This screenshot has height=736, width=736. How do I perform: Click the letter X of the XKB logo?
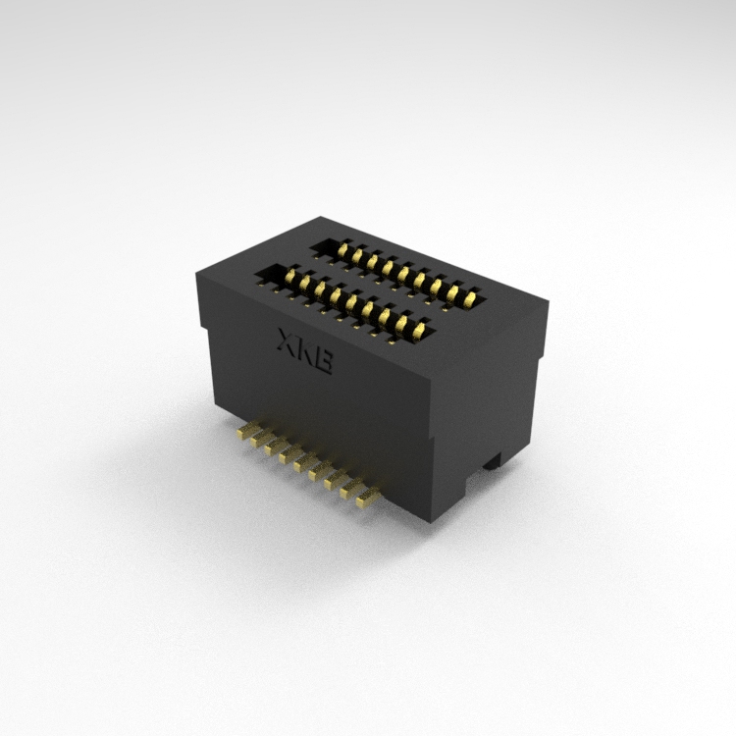(288, 341)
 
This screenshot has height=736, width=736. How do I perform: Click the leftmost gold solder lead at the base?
(248, 431)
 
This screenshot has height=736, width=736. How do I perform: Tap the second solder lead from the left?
(262, 439)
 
